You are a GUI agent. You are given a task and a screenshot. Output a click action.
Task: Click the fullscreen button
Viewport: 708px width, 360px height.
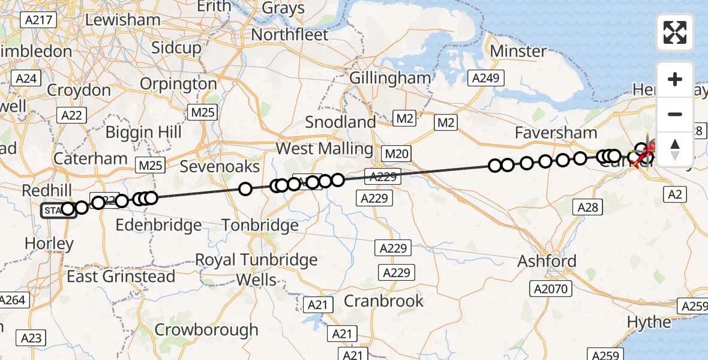(x=675, y=32)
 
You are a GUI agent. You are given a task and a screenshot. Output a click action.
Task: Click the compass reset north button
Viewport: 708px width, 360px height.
(x=675, y=148)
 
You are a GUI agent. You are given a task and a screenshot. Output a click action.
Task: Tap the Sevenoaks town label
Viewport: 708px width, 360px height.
(x=220, y=166)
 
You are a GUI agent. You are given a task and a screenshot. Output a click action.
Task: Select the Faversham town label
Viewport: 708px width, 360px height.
(x=556, y=133)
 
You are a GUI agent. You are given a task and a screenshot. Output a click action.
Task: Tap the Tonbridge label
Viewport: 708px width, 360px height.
(x=260, y=226)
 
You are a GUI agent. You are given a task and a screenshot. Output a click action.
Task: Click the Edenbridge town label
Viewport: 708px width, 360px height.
(x=158, y=226)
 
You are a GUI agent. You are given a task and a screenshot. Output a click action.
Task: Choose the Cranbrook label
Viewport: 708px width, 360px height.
(x=383, y=301)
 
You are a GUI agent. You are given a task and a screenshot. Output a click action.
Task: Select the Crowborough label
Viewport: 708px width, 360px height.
(x=206, y=329)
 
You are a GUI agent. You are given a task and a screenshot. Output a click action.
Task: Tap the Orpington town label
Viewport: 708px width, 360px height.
(x=178, y=84)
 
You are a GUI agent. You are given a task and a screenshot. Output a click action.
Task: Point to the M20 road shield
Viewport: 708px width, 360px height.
(x=397, y=154)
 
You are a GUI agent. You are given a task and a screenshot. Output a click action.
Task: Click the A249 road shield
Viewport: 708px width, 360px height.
(x=487, y=77)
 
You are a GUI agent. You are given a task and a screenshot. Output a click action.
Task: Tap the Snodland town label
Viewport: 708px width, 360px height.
(x=340, y=122)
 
